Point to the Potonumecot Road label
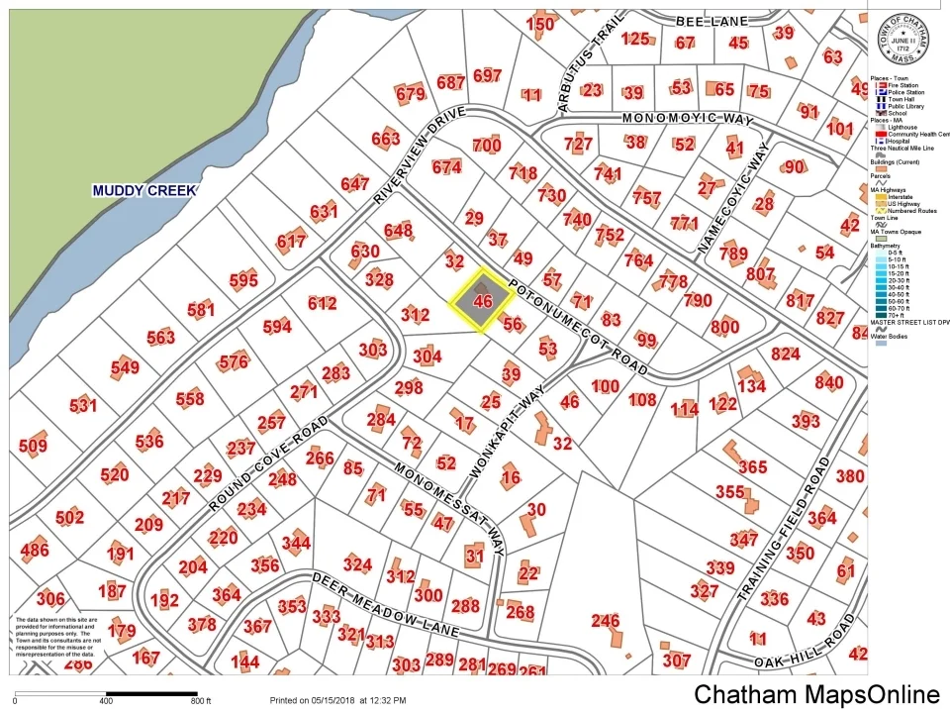click(579, 328)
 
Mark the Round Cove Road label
click(268, 464)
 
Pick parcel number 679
click(410, 95)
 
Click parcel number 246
click(605, 621)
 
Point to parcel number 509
click(33, 447)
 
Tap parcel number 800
click(724, 328)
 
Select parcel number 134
click(751, 385)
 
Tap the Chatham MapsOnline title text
click(816, 694)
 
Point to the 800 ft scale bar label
click(202, 701)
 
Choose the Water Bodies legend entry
click(899, 343)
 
